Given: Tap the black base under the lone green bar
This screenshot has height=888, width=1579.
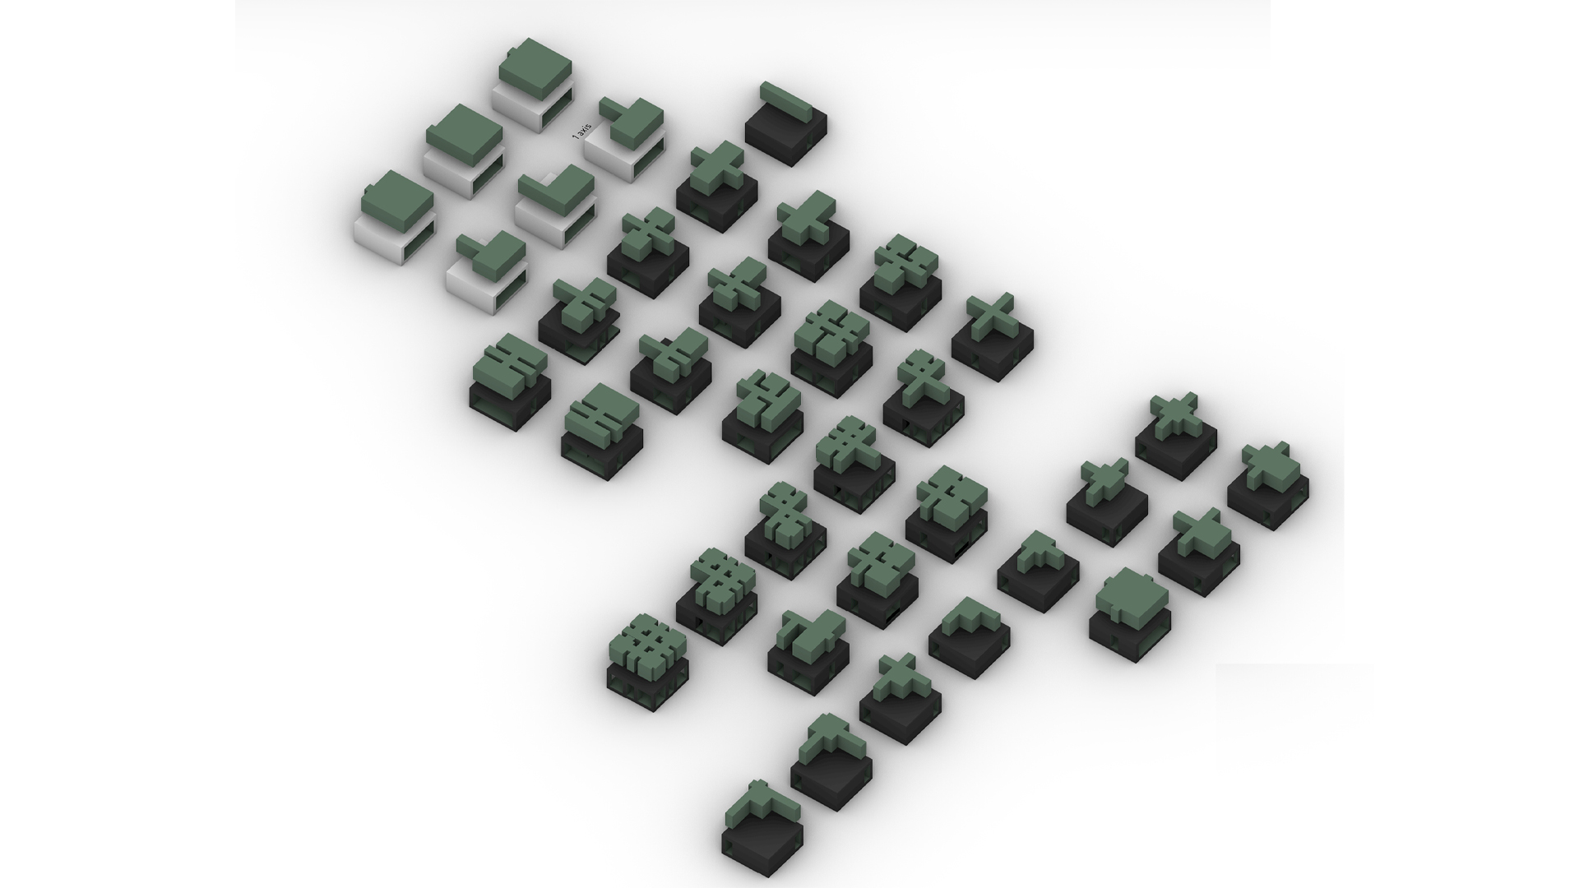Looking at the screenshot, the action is [786, 136].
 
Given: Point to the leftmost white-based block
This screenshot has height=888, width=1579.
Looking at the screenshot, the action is [394, 218].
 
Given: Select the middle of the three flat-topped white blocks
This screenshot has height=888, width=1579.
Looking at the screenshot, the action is [464, 151].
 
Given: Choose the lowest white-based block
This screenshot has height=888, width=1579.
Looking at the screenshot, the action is [486, 273].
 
